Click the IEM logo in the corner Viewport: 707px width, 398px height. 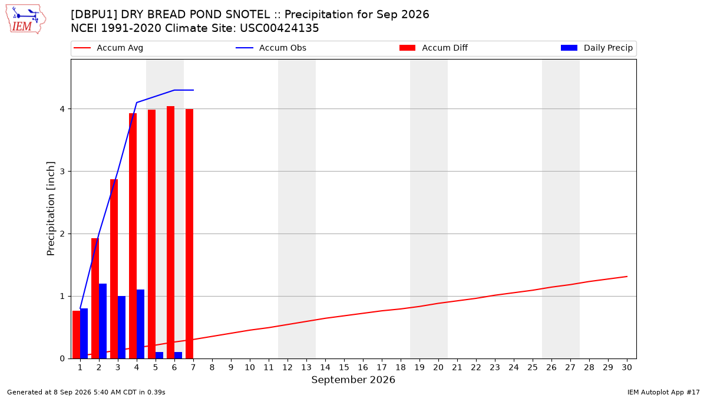coord(26,19)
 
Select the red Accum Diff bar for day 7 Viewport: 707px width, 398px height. coord(189,233)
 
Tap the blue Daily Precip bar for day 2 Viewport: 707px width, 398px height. coord(103,321)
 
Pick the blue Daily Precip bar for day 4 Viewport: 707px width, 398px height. coord(140,324)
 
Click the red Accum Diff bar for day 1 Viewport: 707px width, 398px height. coord(77,334)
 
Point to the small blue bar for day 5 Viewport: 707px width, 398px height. coord(160,356)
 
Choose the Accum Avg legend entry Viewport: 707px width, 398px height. coord(108,48)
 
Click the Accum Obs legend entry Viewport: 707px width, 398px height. coord(271,48)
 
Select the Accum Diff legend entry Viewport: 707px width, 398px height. coord(434,48)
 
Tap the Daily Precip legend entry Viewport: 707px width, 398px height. coord(597,48)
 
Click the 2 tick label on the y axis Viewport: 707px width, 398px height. coord(62,233)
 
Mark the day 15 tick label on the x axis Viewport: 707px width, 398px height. coord(344,367)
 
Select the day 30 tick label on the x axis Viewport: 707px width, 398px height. coord(627,367)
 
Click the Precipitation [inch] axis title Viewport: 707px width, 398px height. coord(51,209)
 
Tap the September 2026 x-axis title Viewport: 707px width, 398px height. coord(353,380)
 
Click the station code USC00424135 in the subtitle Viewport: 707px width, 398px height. coord(279,28)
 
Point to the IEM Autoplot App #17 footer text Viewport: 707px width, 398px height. coord(663,392)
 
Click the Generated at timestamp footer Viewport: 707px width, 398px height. coord(86,392)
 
